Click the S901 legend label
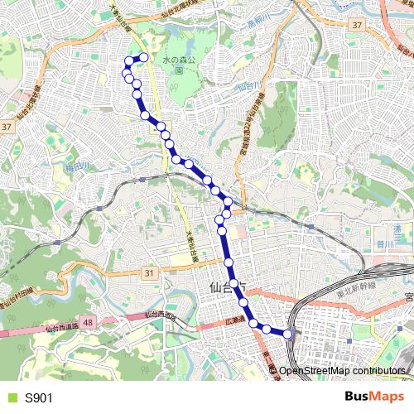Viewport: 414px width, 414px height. click(x=39, y=398)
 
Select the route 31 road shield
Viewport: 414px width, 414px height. click(x=148, y=272)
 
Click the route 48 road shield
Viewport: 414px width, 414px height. click(x=89, y=321)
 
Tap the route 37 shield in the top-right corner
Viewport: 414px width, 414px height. click(x=356, y=25)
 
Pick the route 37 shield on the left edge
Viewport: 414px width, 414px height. click(x=7, y=127)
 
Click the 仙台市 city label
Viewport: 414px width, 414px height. click(x=228, y=288)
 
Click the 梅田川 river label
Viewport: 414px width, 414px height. click(x=77, y=167)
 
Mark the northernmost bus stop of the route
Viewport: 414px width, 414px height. click(x=144, y=57)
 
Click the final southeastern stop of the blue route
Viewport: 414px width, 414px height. click(x=288, y=334)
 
